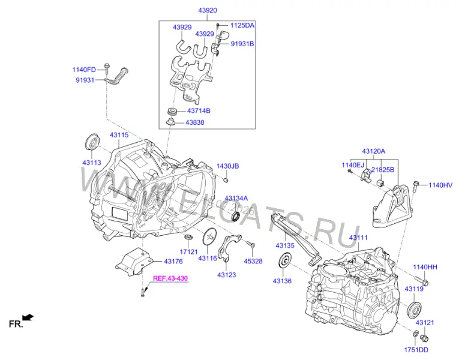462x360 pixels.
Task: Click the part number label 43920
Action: [208, 10]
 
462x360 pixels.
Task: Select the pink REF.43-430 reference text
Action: [170, 278]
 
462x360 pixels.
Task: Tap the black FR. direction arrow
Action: [28, 317]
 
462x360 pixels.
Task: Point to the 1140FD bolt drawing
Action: [106, 68]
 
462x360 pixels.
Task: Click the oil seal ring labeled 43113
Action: [92, 143]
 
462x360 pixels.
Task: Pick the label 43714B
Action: [199, 111]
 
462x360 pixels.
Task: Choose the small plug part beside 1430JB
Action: [226, 179]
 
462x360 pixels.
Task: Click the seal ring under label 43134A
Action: [236, 216]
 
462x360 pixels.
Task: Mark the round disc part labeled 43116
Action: [209, 236]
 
